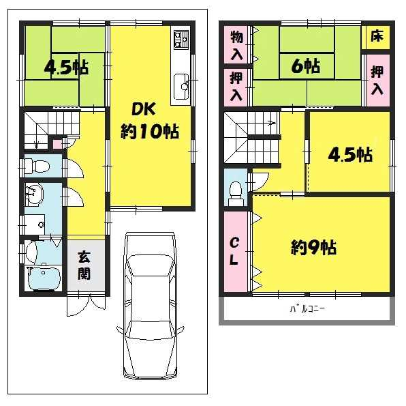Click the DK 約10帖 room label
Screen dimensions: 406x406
(150, 121)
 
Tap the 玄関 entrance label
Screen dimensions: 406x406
(84, 265)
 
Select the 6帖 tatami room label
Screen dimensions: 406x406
(306, 66)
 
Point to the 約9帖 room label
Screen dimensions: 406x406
(313, 247)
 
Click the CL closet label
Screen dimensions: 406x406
(234, 251)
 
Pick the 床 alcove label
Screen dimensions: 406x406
(377, 35)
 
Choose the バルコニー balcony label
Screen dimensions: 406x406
(307, 308)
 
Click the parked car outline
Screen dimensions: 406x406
(151, 306)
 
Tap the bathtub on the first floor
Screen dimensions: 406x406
(44, 278)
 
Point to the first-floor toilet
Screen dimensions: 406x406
(37, 165)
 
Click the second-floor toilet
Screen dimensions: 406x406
(236, 194)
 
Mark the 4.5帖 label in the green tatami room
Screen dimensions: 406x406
(66, 68)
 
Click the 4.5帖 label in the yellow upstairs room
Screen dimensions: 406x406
(350, 155)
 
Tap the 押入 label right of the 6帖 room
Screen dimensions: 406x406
(377, 81)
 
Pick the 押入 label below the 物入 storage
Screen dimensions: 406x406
(236, 87)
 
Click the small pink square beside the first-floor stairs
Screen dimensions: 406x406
(57, 144)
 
